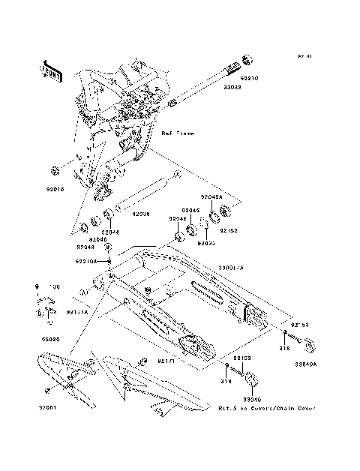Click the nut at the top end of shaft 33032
(x=248, y=60)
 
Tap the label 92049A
(x=212, y=196)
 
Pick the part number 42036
(x=141, y=214)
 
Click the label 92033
(x=207, y=243)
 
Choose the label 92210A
(x=85, y=261)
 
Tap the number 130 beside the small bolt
(x=53, y=286)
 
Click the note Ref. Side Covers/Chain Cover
(x=266, y=409)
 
